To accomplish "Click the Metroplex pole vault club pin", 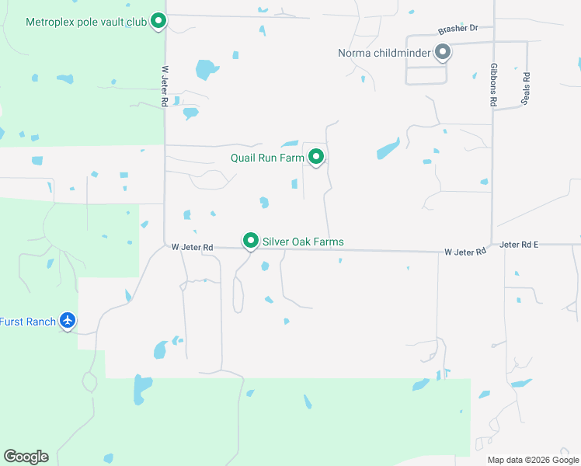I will (158, 21).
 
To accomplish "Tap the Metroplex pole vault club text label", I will (86, 22).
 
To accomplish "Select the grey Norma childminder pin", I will (443, 53).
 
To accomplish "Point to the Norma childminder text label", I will (384, 54).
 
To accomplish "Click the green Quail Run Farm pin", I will (316, 157).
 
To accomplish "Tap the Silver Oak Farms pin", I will (250, 241).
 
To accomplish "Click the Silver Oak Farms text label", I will (303, 242).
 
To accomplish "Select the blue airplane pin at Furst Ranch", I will (68, 320).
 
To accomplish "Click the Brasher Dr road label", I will (457, 29).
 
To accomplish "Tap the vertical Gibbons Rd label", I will (493, 85).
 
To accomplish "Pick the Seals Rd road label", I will (527, 89).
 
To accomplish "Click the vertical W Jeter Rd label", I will (165, 85).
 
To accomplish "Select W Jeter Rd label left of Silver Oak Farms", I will (193, 247).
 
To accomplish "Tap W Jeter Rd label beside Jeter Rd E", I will (465, 252).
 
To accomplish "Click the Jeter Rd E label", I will (520, 244).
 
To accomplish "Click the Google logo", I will (26, 457).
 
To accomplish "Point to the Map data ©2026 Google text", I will (533, 460).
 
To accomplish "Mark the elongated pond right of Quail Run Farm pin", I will (388, 148).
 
